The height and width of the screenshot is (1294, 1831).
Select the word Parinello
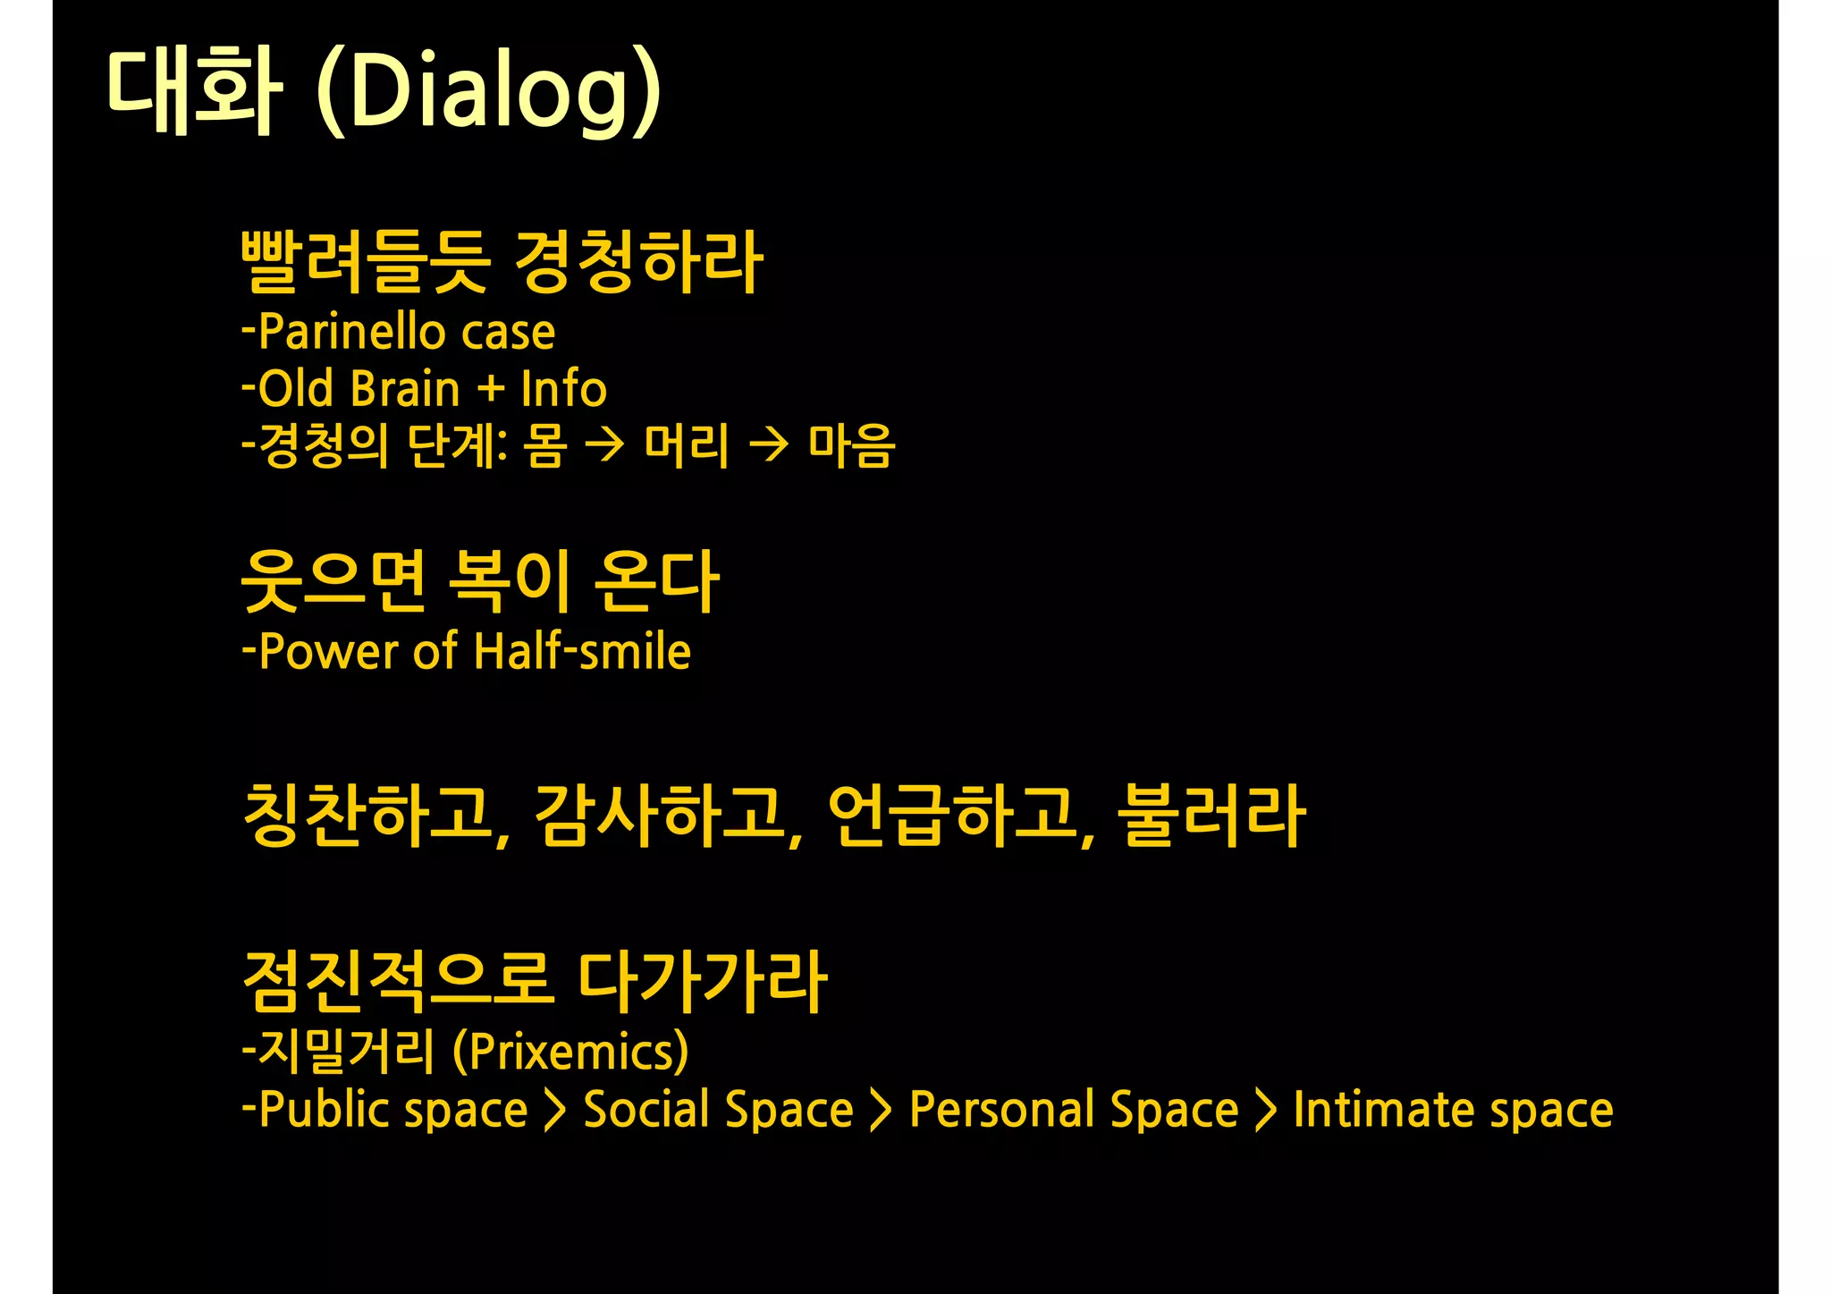[351, 333]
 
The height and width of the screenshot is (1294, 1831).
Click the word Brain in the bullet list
[405, 389]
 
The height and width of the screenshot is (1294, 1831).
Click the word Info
[563, 389]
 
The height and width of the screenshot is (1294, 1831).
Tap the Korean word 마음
[851, 445]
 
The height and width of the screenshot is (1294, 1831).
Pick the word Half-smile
[582, 651]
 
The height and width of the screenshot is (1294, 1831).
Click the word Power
[327, 652]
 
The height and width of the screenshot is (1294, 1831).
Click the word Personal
[1000, 1110]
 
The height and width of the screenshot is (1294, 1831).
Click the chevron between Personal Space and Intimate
[1265, 1110]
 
